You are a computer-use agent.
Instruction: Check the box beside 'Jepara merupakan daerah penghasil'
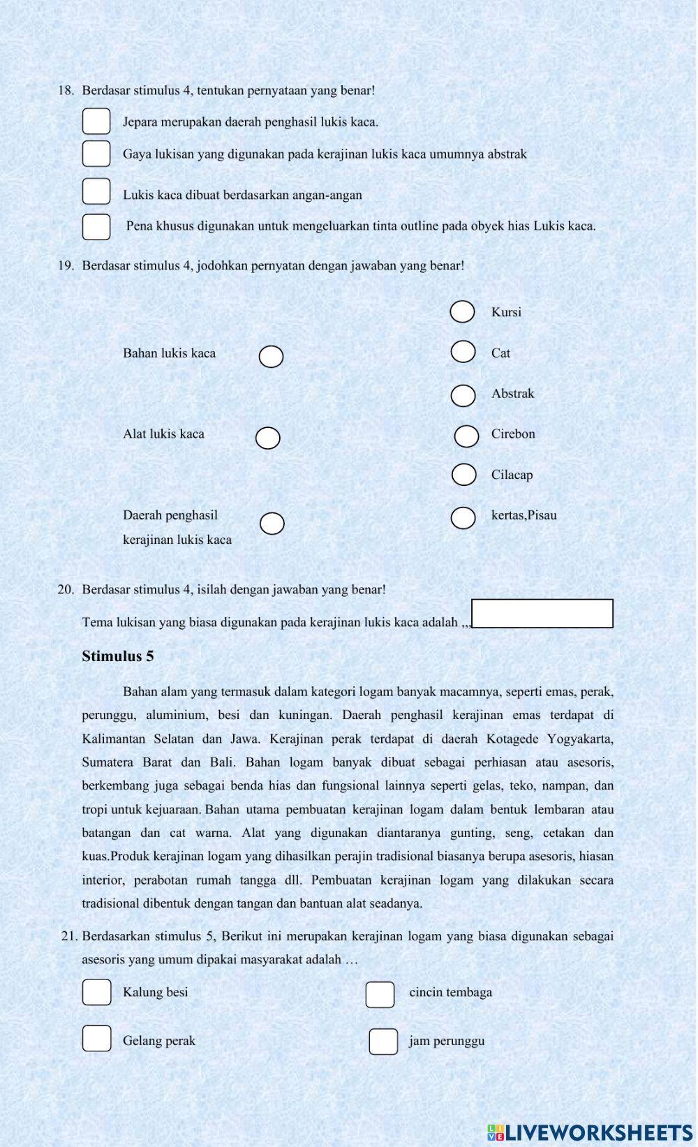tap(96, 121)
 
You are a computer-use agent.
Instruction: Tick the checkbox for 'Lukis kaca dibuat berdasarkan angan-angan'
tap(96, 191)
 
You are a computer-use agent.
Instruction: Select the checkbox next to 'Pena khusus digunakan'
tap(96, 227)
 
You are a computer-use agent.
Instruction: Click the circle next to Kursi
tap(463, 312)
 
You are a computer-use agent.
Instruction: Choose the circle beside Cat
tap(463, 352)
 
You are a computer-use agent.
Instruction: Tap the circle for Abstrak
tap(463, 395)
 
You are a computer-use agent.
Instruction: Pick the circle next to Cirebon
tap(466, 436)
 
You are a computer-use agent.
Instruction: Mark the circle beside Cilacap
tap(464, 475)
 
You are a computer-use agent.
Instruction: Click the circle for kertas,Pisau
tap(463, 518)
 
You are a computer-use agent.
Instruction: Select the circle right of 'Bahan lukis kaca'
tap(271, 357)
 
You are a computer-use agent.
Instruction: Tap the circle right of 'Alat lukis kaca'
tap(267, 438)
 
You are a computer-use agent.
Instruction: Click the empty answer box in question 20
tap(542, 614)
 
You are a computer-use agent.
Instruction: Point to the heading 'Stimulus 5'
tap(118, 656)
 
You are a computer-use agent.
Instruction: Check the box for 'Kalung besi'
tap(96, 992)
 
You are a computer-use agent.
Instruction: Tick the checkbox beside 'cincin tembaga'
tap(380, 995)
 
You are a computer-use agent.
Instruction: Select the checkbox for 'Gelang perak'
tap(96, 1038)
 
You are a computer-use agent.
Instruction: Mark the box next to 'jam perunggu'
tap(383, 1042)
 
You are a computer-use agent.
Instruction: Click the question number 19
tap(66, 266)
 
